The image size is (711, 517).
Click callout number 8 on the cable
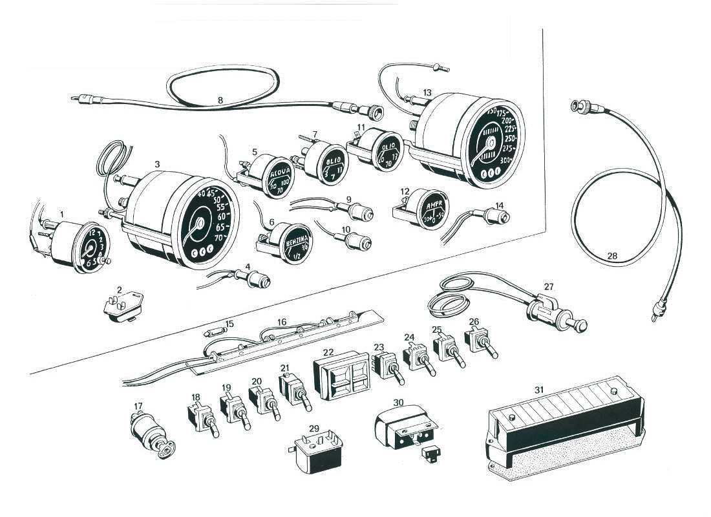(220, 100)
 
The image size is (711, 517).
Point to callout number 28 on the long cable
(611, 257)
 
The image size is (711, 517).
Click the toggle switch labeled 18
(201, 417)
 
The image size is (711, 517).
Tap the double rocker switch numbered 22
(339, 374)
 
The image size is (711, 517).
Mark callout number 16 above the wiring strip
(281, 322)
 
